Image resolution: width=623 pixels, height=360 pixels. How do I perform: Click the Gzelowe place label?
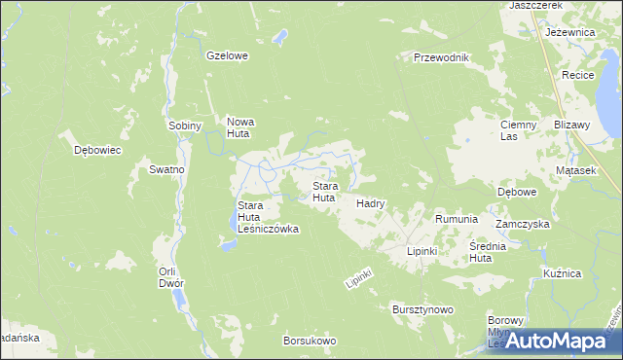(227, 55)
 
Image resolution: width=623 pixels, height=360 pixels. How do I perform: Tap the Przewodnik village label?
(441, 57)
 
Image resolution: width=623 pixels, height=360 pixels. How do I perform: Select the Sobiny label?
(184, 126)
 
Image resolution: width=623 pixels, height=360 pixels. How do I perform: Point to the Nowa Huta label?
(239, 127)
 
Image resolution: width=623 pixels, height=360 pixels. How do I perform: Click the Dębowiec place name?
(97, 150)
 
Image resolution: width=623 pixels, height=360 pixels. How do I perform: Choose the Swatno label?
(166, 169)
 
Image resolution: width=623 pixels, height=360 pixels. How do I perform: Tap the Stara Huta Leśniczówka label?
(268, 217)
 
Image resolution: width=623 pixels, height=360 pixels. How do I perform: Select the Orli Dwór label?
(170, 277)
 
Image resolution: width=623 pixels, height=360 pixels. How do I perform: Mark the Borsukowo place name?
(309, 341)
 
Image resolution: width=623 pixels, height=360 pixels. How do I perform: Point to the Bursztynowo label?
(422, 309)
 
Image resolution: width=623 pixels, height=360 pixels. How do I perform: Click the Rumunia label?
(456, 220)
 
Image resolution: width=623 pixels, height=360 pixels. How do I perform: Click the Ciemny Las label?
(518, 130)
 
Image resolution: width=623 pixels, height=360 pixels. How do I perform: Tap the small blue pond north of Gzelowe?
(279, 37)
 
